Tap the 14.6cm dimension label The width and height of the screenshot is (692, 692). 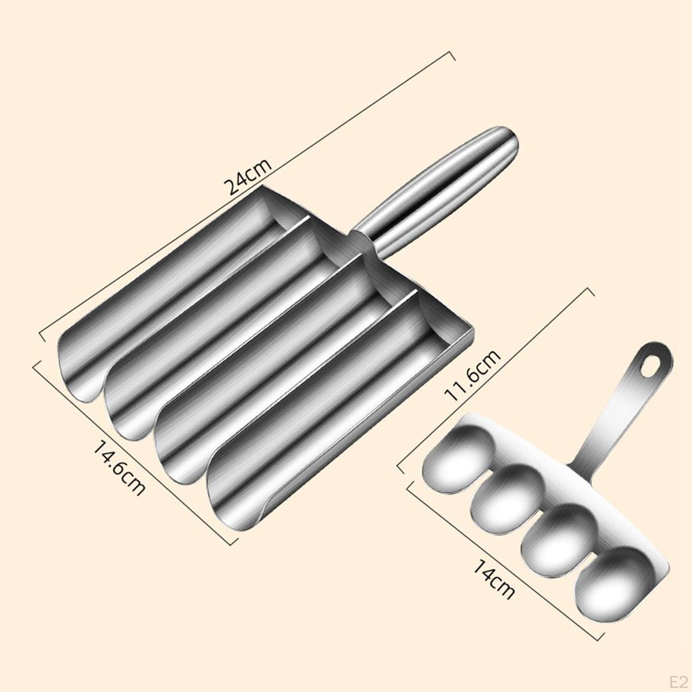118,468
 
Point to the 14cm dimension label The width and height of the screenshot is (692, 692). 493,578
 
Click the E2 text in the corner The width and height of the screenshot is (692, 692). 678,681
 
